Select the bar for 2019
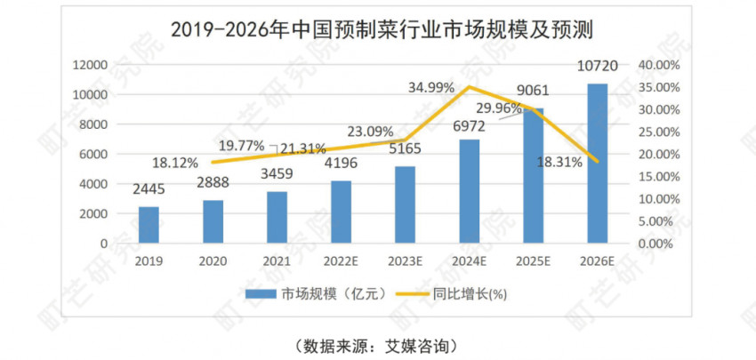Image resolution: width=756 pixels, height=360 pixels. pyautogui.click(x=149, y=224)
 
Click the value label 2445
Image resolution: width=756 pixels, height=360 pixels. pyautogui.click(x=149, y=189)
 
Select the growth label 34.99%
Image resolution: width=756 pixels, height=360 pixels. pyautogui.click(x=431, y=88)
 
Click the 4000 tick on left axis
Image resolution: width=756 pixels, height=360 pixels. pyautogui.click(x=93, y=184)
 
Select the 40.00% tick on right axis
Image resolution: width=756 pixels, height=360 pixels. pyautogui.click(x=660, y=65)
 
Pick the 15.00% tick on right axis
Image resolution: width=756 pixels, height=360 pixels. pyautogui.click(x=660, y=176)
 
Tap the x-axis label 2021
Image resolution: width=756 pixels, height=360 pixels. pyautogui.click(x=277, y=261)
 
